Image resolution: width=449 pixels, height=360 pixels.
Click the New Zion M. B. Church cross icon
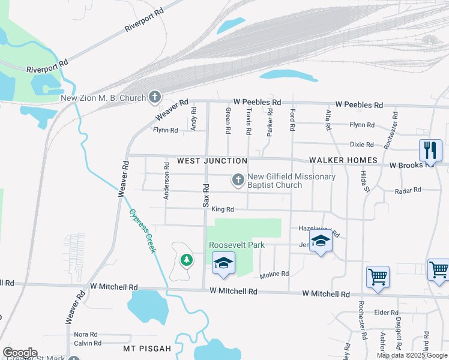(155, 97)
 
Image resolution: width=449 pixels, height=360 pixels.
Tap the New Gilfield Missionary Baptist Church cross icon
(238, 179)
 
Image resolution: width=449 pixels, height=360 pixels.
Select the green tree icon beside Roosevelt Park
(187, 259)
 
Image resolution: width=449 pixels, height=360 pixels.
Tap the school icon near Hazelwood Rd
(321, 242)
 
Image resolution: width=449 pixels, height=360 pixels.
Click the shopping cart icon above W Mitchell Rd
(378, 277)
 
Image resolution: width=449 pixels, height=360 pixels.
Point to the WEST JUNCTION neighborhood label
(212, 161)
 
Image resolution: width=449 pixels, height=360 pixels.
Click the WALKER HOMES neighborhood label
(343, 161)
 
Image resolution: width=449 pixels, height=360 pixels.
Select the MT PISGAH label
(147, 349)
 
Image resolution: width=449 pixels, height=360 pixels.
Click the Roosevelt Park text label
(237, 245)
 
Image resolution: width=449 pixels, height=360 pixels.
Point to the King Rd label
(222, 209)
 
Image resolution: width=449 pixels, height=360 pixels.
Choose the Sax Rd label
(205, 195)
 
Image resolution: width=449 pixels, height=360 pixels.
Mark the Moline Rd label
(274, 274)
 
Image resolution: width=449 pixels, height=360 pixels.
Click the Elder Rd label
(386, 313)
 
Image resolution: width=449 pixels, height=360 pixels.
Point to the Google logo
(20, 353)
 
